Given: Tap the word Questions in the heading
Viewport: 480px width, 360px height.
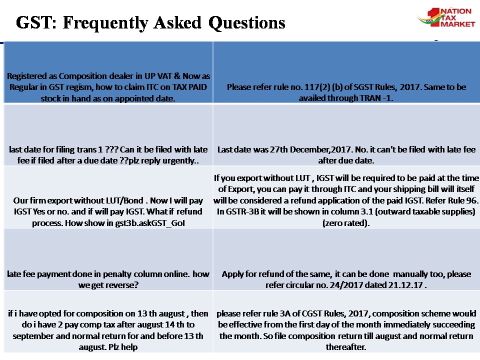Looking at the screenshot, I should coord(246,22).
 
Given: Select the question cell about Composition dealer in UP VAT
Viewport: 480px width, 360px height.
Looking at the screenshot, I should coord(108,87).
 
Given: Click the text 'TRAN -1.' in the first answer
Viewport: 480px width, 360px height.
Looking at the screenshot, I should coord(374,98).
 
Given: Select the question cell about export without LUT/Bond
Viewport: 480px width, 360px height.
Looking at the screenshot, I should coord(108,211).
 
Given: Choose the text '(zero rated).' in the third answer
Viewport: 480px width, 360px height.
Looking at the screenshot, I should coord(346,222).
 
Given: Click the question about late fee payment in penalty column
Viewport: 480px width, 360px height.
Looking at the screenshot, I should coord(108,279).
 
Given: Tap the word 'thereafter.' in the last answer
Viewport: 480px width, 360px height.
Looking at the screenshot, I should coord(346,347).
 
